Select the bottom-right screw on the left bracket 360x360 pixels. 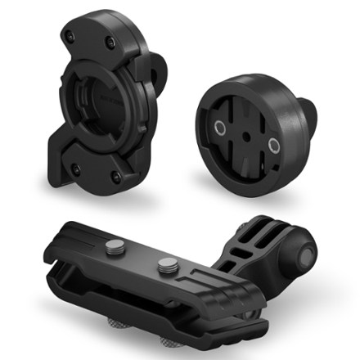116,175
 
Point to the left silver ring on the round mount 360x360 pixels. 219,128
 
